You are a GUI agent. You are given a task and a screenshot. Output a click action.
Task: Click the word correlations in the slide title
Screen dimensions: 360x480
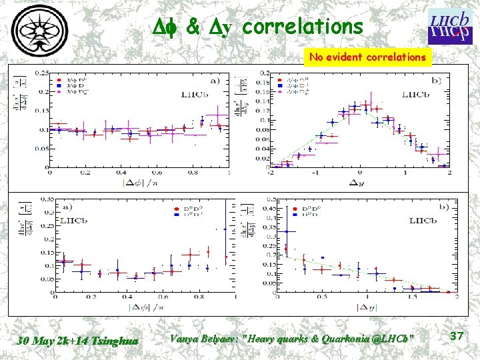click(303, 27)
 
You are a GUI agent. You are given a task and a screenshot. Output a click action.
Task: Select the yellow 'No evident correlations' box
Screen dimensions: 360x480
click(367, 57)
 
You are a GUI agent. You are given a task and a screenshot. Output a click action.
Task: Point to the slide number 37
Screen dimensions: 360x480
click(456, 337)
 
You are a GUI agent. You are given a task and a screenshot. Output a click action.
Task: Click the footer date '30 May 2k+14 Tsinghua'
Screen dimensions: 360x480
click(79, 340)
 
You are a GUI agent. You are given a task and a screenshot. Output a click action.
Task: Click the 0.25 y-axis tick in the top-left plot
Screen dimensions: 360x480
click(48, 72)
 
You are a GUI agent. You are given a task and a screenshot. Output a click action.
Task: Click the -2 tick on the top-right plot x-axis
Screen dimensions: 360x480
click(271, 173)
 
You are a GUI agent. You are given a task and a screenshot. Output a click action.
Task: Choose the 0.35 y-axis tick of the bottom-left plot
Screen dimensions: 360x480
click(48, 199)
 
